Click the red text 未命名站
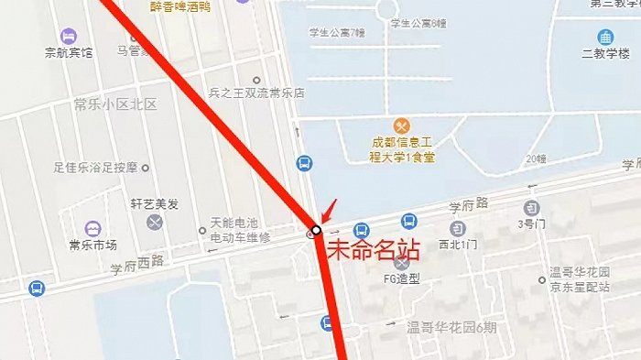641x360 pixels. tap(369, 249)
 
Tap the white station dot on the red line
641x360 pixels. tap(316, 229)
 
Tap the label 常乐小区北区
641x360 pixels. tap(115, 104)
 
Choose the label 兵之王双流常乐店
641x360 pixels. tap(256, 93)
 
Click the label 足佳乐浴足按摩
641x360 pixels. tap(95, 168)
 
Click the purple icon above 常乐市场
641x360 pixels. tap(92, 227)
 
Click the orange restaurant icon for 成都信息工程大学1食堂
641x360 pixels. tap(401, 125)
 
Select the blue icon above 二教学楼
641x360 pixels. tap(605, 37)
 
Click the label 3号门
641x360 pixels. tap(532, 223)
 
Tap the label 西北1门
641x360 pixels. tap(458, 245)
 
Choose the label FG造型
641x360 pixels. tap(400, 278)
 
